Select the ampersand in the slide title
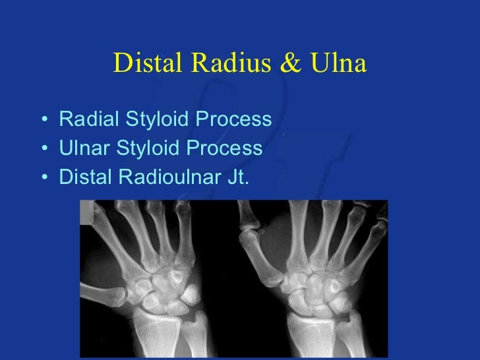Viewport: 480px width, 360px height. [293, 63]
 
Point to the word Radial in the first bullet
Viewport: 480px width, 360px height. [85, 120]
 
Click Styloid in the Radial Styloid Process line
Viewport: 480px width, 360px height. [150, 120]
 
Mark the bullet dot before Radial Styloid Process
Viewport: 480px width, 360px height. [44, 121]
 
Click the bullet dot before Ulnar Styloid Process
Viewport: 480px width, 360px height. [44, 150]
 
